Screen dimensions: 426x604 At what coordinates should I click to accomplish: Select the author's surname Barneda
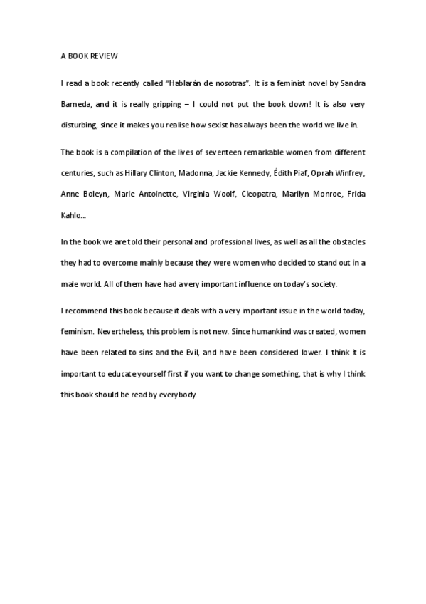76,104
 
